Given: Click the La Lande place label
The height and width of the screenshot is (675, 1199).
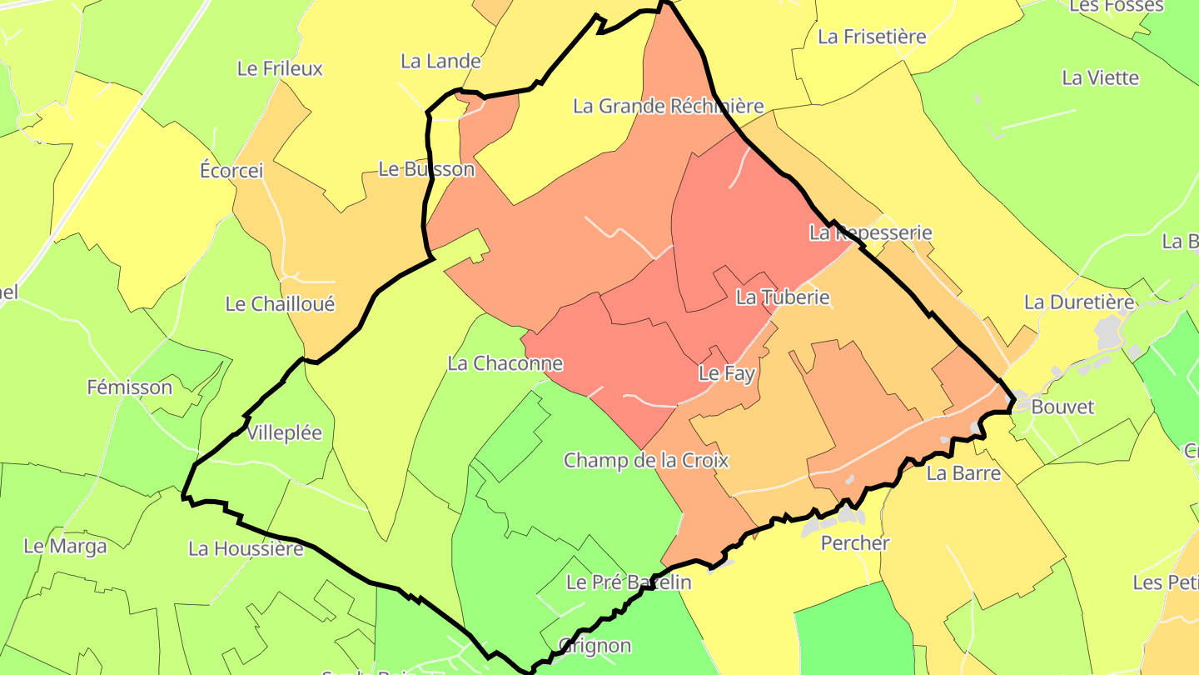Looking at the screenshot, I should click(x=440, y=61).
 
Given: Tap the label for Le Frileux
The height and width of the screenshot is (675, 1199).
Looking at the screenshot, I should click(x=280, y=68).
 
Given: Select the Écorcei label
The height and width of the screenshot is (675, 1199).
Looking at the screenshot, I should click(x=231, y=171).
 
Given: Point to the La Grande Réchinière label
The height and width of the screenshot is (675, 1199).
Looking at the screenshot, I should click(x=669, y=106).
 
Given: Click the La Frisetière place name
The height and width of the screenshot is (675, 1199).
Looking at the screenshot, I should click(x=872, y=37).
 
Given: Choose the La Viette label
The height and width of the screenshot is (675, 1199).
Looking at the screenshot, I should click(x=1100, y=77).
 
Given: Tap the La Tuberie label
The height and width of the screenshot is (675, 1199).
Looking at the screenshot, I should click(x=783, y=297).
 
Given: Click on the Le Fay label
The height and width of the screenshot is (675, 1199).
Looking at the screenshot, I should click(x=726, y=373).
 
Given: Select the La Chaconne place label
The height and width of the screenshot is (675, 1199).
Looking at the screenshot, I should click(x=505, y=363).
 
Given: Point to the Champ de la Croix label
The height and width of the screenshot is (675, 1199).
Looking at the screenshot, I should click(x=646, y=460).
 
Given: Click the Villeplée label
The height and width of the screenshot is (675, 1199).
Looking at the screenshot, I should click(x=285, y=434).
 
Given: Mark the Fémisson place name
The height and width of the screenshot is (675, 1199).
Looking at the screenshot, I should click(x=130, y=387).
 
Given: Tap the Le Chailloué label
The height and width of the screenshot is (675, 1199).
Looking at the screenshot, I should click(x=280, y=304).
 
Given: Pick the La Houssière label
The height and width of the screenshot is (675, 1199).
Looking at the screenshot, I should click(x=246, y=548).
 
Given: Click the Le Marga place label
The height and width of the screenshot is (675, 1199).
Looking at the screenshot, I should click(x=65, y=547).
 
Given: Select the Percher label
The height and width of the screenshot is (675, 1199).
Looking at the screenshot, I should click(x=855, y=543).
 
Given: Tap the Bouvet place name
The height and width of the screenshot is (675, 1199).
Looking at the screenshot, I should click(x=1062, y=407).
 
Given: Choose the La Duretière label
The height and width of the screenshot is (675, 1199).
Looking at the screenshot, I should click(x=1079, y=302).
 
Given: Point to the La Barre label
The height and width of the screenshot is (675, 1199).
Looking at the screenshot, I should click(x=963, y=473).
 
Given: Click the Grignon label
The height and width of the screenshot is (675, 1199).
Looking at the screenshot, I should click(x=595, y=646).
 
